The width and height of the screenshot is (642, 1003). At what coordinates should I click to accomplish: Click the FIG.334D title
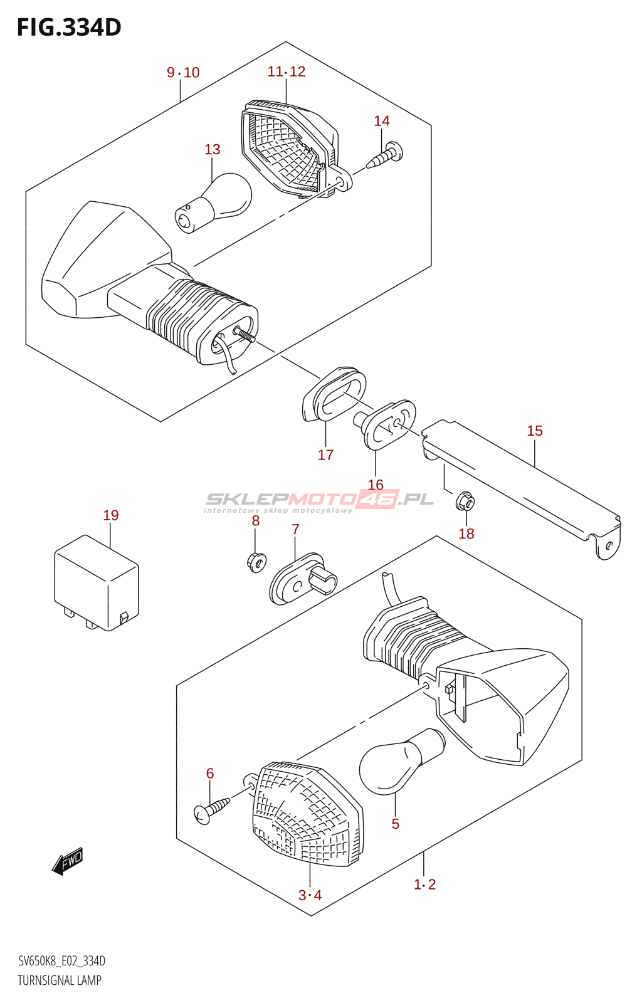click(69, 28)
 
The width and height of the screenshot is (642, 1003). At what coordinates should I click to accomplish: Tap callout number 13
click(213, 149)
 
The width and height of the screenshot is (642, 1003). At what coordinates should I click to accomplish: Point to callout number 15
click(535, 431)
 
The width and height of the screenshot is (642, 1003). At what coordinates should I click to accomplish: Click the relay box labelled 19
click(97, 583)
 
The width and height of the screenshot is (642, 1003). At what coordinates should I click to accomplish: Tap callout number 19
click(111, 515)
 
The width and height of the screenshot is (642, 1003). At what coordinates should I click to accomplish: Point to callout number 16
click(376, 485)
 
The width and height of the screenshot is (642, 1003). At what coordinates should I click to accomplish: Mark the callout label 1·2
click(424, 885)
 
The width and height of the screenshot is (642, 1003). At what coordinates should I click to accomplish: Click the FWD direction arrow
click(67, 863)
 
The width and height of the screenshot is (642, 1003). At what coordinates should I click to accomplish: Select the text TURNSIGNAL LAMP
click(60, 980)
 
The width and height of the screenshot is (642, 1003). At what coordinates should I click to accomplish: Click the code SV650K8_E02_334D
click(61, 961)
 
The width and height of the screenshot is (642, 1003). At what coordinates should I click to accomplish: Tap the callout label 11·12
click(287, 71)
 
